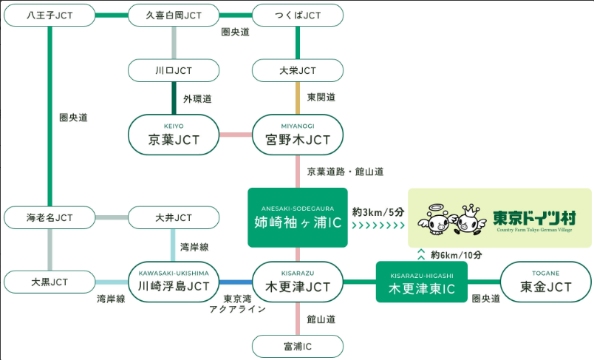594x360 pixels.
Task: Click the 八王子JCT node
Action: pyautogui.click(x=49, y=15)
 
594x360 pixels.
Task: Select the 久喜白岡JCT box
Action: pyautogui.click(x=174, y=15)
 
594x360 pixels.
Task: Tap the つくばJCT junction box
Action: pyautogui.click(x=298, y=15)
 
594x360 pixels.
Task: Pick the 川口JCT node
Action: pyautogui.click(x=174, y=71)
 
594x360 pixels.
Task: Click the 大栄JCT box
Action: pyautogui.click(x=298, y=71)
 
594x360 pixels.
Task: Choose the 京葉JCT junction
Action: pyautogui.click(x=174, y=135)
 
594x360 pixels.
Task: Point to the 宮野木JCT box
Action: pyautogui.click(x=298, y=135)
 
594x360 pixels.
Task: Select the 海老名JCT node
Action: pyautogui.click(x=49, y=217)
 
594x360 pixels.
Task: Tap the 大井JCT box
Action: pyautogui.click(x=174, y=217)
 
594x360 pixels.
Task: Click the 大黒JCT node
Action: pyautogui.click(x=49, y=282)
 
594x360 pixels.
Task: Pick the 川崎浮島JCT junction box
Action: pyautogui.click(x=174, y=282)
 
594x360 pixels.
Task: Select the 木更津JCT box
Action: pyautogui.click(x=298, y=282)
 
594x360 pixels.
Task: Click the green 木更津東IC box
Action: pyautogui.click(x=422, y=282)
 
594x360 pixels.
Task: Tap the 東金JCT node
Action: pyautogui.click(x=546, y=282)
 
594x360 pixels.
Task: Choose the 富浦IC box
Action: pyautogui.click(x=298, y=345)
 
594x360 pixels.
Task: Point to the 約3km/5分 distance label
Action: pyautogui.click(x=377, y=211)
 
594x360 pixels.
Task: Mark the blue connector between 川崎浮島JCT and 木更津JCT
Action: pyautogui.click(x=236, y=282)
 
